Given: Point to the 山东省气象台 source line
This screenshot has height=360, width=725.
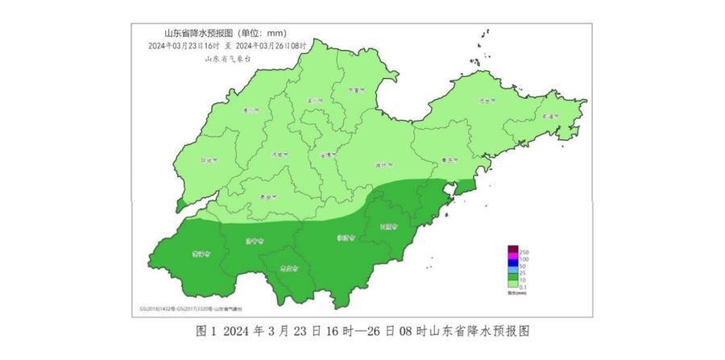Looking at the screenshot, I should (228, 57).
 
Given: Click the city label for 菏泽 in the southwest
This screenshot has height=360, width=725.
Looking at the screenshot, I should (200, 254).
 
